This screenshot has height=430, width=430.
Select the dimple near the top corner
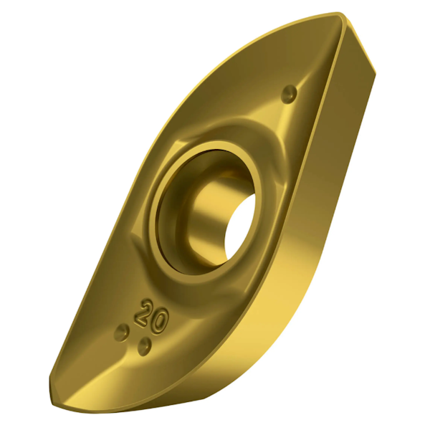pyautogui.click(x=290, y=92)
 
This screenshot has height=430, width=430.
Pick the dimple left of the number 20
pyautogui.click(x=123, y=332)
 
